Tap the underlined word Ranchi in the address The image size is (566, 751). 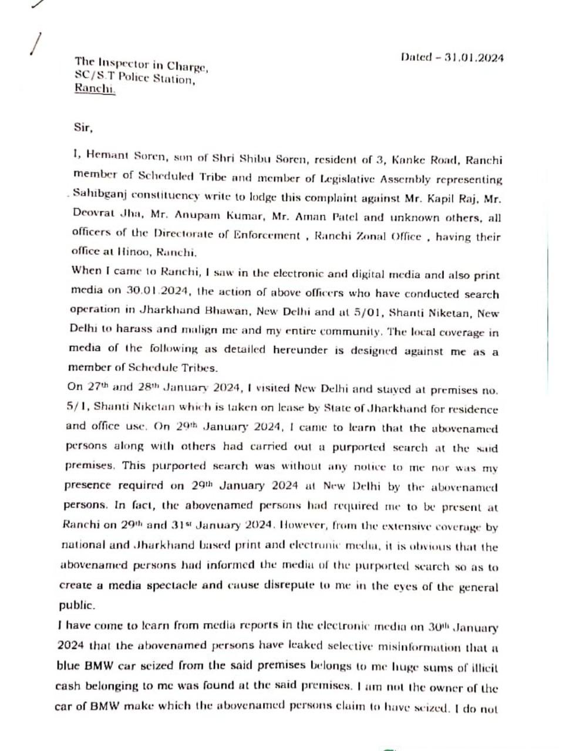(x=95, y=90)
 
